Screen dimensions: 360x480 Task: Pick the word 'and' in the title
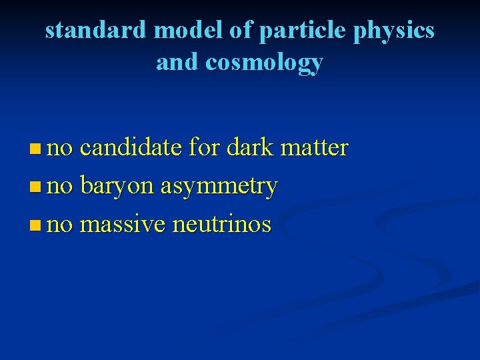178,62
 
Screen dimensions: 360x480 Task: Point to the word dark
250,147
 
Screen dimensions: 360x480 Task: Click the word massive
123,225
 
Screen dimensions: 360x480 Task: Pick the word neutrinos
222,225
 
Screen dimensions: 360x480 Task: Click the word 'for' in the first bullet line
204,147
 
